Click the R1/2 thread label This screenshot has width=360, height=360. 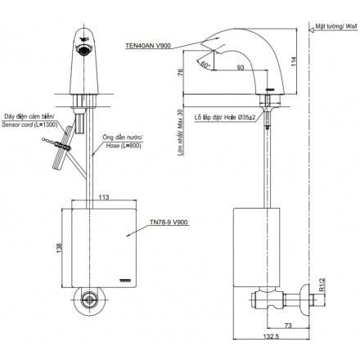click(x=326, y=285)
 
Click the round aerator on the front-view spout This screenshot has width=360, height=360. click(x=84, y=51)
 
